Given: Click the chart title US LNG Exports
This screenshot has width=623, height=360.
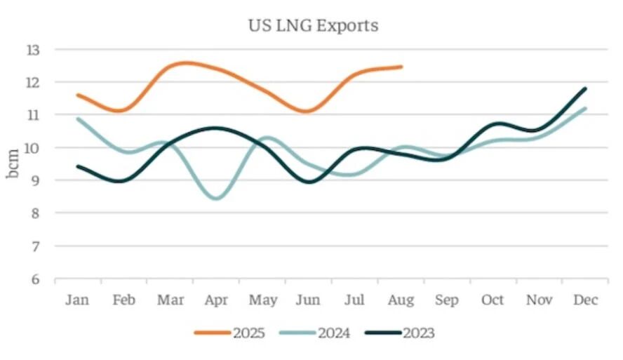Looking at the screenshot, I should click(312, 26).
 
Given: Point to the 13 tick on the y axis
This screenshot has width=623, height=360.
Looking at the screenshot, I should click(34, 50).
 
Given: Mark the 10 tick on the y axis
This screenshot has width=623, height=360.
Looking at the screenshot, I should click(34, 148).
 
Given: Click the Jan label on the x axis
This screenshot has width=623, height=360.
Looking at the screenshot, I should click(77, 300).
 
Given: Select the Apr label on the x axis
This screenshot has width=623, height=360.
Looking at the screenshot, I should click(216, 300).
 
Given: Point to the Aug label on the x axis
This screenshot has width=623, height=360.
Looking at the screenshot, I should click(401, 300).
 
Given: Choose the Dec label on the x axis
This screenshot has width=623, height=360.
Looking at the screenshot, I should click(585, 300).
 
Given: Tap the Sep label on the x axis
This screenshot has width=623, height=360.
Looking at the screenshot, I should click(447, 300).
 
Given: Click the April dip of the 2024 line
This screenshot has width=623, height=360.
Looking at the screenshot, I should click(216, 198).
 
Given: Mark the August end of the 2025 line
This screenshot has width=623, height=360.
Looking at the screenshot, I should click(401, 67).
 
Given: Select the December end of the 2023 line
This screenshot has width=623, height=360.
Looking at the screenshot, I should click(585, 88).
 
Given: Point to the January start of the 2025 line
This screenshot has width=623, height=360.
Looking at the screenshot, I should click(77, 95).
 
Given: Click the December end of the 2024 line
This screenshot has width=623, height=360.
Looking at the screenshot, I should click(585, 108).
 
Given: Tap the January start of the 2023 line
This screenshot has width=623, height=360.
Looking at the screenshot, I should click(77, 166).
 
